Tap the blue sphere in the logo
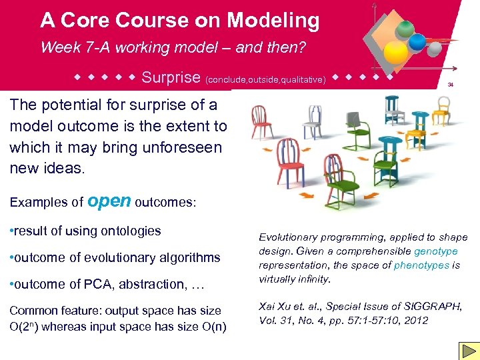coord(417,41)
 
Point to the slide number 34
coord(451,85)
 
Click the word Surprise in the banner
coord(171,77)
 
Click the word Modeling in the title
coord(273,21)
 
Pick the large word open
coord(109,200)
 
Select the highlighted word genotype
coord(436,251)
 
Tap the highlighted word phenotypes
coord(422,265)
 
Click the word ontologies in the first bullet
coord(130,231)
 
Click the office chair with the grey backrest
coord(360,127)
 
